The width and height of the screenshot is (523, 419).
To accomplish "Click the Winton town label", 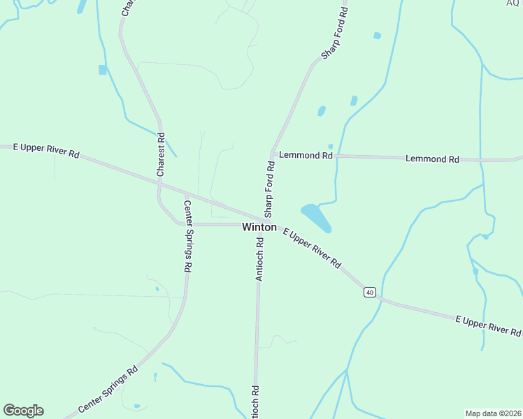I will [259, 227].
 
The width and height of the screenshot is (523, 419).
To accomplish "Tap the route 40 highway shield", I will [370, 292].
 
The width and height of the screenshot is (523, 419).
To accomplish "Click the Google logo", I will [23, 411].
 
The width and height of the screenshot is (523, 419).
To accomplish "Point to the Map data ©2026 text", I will [492, 413].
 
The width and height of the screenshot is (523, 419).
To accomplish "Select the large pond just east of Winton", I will [316, 216].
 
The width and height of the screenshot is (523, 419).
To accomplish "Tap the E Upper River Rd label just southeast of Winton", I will [312, 248].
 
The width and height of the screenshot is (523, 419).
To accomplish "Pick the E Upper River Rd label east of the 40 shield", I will [488, 325].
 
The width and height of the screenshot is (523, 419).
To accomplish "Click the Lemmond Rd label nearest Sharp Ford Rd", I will [305, 155].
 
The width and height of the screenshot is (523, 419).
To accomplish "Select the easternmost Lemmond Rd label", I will [432, 159].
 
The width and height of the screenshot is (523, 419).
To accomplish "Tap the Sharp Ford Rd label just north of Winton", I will [268, 186].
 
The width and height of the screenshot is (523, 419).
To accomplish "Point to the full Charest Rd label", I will [161, 155].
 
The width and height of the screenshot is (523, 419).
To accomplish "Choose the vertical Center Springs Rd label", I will [187, 236].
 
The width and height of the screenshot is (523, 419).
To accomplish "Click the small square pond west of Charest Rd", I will [103, 70].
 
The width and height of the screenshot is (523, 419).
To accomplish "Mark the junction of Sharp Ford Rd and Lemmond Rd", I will [271, 154].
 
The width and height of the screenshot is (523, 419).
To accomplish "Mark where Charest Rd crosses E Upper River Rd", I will [159, 183].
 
